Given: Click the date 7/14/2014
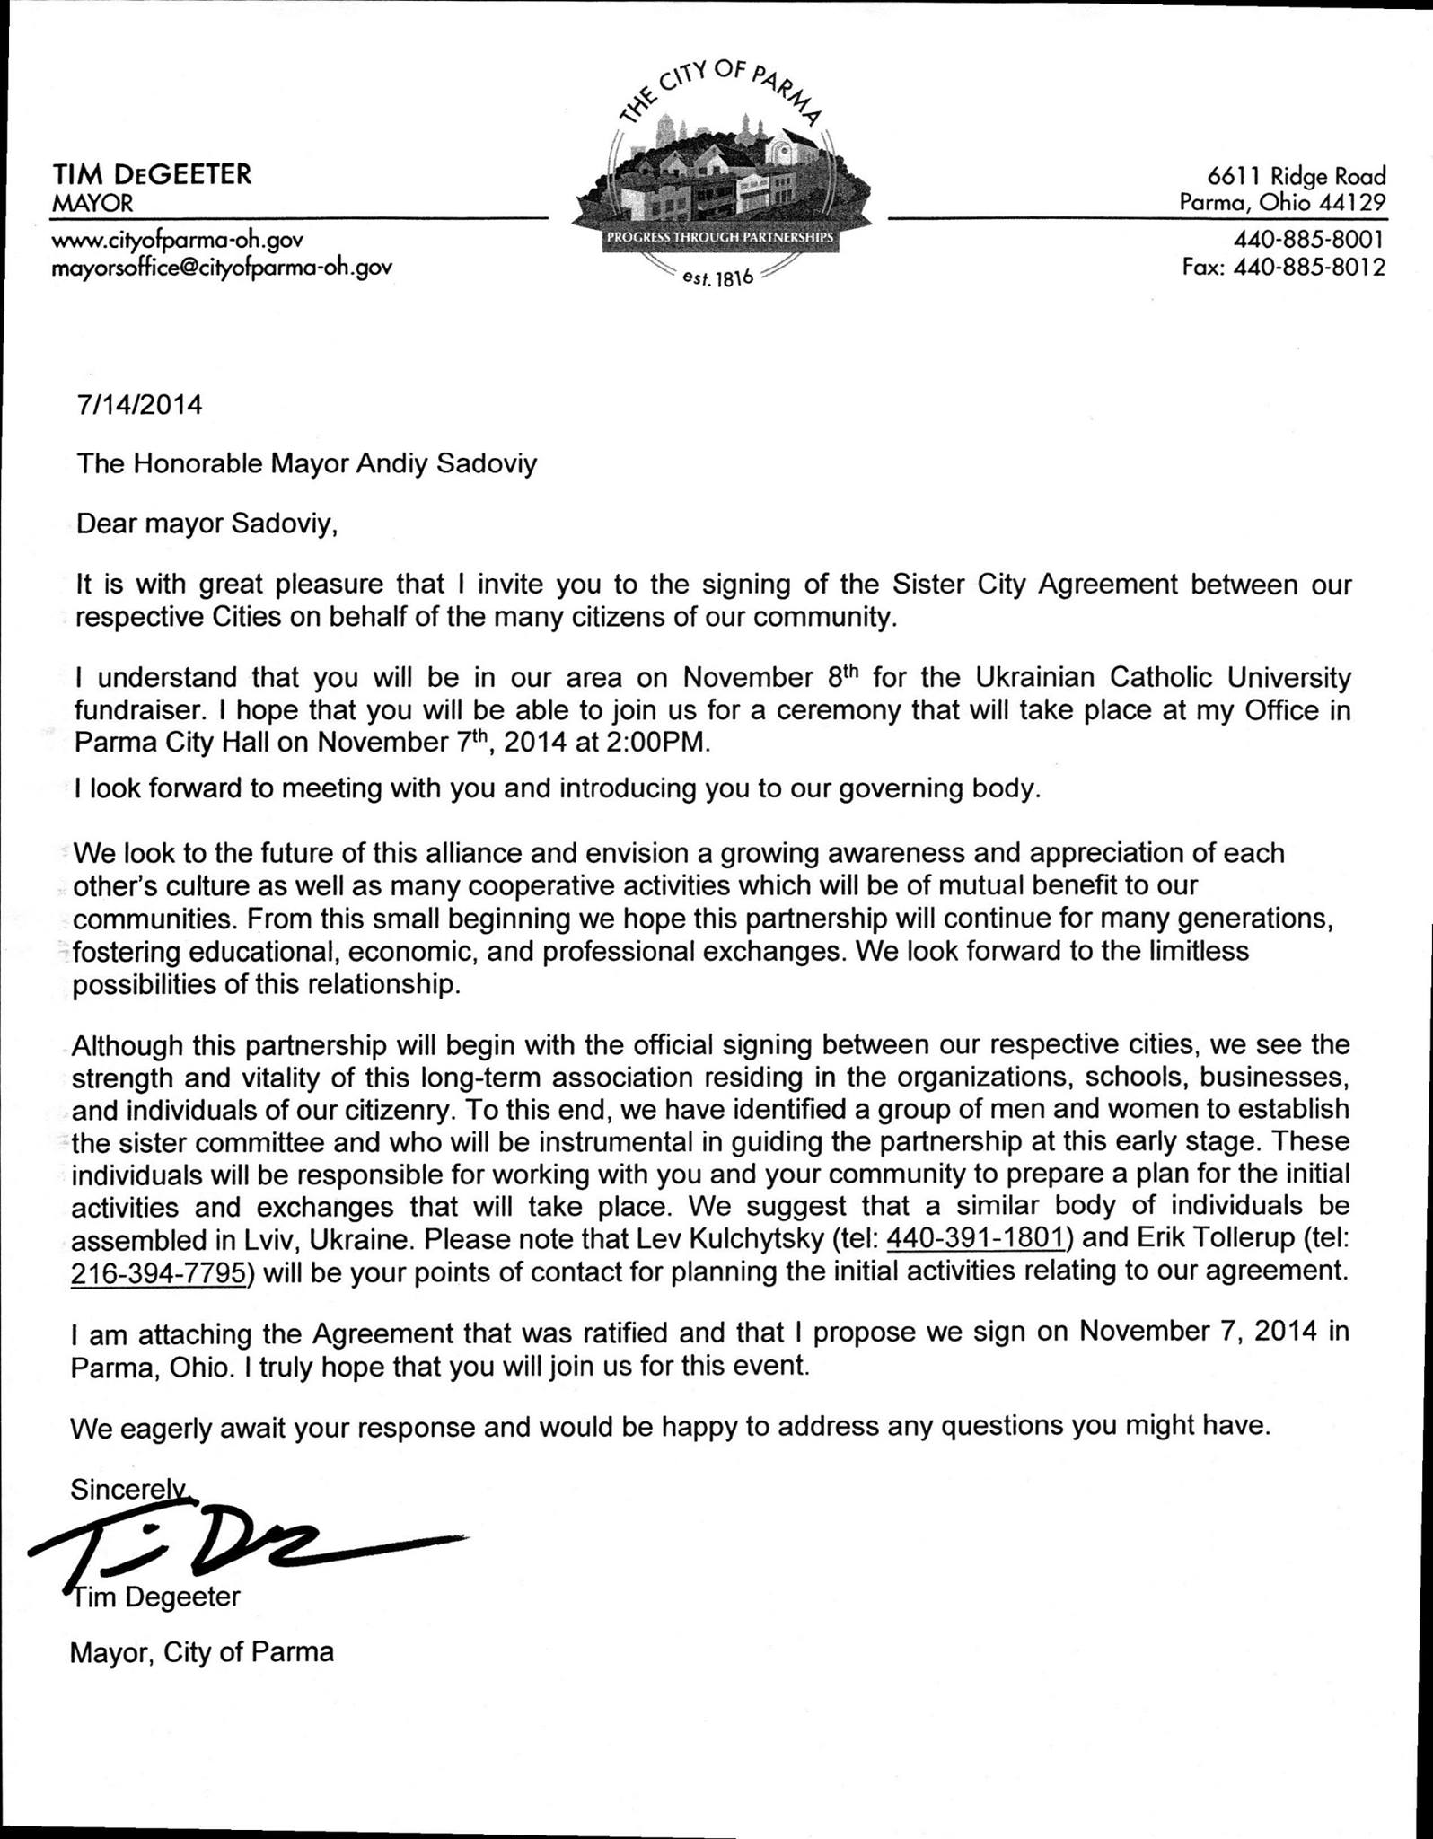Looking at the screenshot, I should pos(139,405).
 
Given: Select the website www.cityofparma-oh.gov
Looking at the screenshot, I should pos(178,240).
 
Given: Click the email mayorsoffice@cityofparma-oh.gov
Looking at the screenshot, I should pos(222,267).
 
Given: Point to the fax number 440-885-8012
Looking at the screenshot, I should pos(1309,267).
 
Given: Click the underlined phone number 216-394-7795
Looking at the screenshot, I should pos(158,1272).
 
